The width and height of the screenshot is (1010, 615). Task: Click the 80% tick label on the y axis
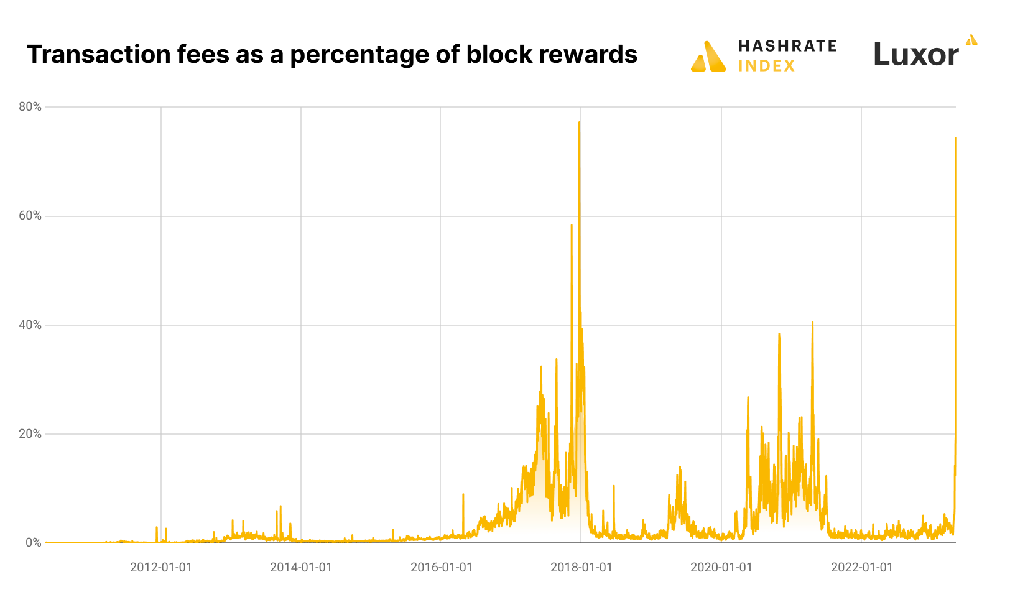point(30,107)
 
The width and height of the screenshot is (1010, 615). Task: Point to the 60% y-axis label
point(30,216)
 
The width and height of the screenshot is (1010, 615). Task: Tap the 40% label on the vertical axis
point(30,325)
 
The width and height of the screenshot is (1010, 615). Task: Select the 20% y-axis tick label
point(30,433)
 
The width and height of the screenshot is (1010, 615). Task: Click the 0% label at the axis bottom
point(34,543)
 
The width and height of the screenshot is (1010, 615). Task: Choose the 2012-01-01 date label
point(161,567)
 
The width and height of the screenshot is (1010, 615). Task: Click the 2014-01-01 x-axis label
point(301,567)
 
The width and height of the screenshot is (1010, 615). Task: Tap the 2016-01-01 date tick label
point(441,567)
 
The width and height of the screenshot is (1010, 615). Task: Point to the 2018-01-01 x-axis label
point(581,567)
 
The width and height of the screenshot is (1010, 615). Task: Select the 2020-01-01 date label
point(721,567)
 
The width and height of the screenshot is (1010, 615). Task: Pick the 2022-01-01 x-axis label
point(861,567)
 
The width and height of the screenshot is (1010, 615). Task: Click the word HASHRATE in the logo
point(787,46)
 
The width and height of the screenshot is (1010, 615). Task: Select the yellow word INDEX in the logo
point(766,66)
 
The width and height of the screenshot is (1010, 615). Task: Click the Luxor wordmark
point(916,55)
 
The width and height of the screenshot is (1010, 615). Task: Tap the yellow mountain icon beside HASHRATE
point(708,57)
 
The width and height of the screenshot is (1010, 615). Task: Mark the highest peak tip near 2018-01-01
point(579,123)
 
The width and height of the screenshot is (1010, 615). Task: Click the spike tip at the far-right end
point(955,139)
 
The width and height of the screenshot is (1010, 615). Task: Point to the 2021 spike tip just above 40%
point(812,323)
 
